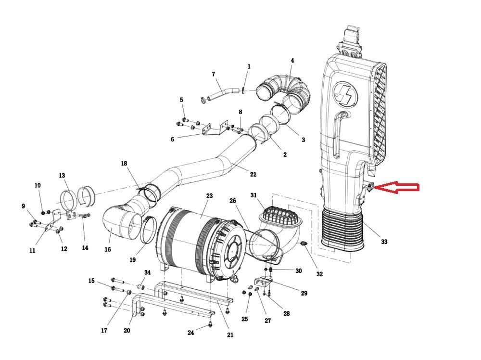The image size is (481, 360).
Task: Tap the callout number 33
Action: (383, 242)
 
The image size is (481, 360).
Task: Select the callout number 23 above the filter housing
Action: (209, 196)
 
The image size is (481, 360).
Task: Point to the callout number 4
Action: (292, 61)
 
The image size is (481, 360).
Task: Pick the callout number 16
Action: (108, 249)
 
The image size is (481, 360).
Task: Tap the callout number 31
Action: (254, 195)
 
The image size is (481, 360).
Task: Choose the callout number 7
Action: (213, 74)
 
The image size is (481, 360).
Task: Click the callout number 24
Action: (191, 333)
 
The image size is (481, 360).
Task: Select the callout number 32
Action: (319, 274)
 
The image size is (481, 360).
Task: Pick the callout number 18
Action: (124, 164)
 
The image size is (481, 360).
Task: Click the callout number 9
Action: (23, 206)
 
